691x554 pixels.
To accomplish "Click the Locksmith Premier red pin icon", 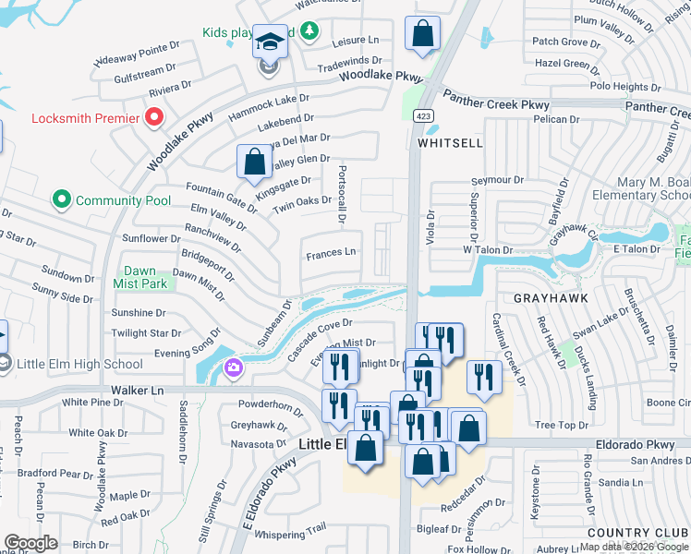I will (154, 117).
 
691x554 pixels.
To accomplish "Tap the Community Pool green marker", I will (62, 199).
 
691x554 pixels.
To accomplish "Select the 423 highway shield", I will (422, 115).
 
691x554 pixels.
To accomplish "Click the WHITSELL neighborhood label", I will (450, 144).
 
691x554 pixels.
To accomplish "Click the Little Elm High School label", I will (72, 364).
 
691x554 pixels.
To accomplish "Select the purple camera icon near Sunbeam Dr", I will (233, 368).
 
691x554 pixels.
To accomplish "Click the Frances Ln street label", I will (331, 252).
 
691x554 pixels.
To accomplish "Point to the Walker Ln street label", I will (137, 391).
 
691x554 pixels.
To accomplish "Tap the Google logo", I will (31, 543).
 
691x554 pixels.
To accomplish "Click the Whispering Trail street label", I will (291, 528).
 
